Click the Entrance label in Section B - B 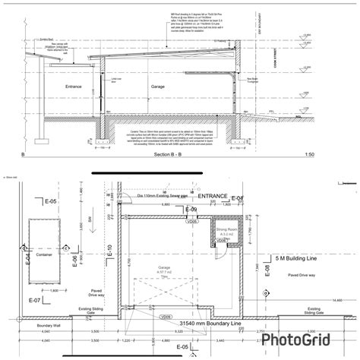[73, 87]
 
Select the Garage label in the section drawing [157, 87]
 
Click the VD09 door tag [166, 318]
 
